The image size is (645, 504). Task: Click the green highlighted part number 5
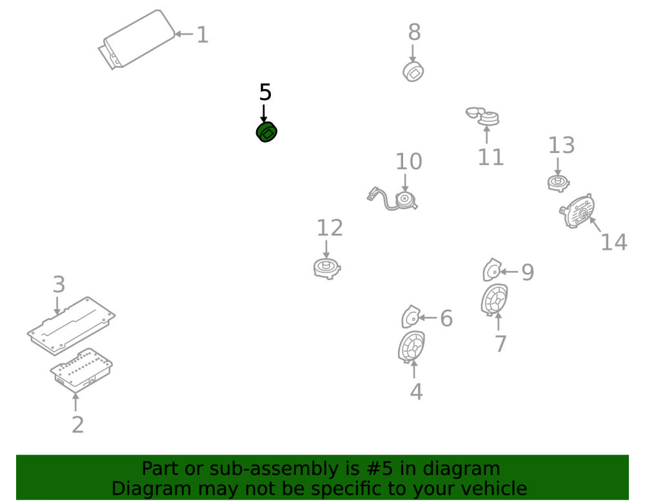pyautogui.click(x=266, y=132)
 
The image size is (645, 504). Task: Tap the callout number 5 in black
pyautogui.click(x=265, y=92)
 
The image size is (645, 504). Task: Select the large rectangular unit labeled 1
pyautogui.click(x=137, y=40)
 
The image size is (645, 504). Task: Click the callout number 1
pyautogui.click(x=202, y=35)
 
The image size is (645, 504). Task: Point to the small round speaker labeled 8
pyautogui.click(x=413, y=72)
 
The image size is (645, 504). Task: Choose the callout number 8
pyautogui.click(x=414, y=32)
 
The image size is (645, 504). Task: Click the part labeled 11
pyautogui.click(x=483, y=116)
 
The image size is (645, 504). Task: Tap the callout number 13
pyautogui.click(x=562, y=145)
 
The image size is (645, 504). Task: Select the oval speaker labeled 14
pyautogui.click(x=577, y=211)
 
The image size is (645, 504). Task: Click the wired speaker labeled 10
pyautogui.click(x=392, y=199)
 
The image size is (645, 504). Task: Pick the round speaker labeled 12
pyautogui.click(x=327, y=268)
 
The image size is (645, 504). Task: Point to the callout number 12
pyautogui.click(x=330, y=228)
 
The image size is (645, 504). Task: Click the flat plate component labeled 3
pyautogui.click(x=71, y=326)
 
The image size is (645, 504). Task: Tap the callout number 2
pyautogui.click(x=78, y=425)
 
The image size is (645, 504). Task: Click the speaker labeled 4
pyautogui.click(x=412, y=347)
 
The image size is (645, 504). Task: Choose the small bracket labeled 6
pyautogui.click(x=410, y=317)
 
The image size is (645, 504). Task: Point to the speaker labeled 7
pyautogui.click(x=495, y=300)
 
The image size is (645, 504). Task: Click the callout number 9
pyautogui.click(x=528, y=272)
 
